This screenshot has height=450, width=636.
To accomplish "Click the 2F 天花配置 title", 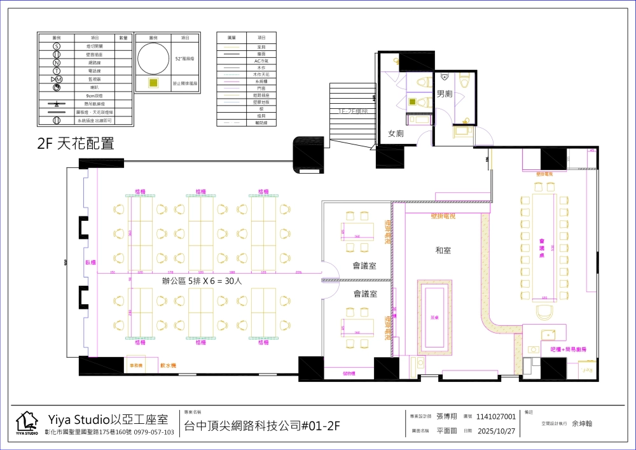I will click(76, 144).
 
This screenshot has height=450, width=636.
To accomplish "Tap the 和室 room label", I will click(443, 251).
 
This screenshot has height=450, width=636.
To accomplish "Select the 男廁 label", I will click(445, 94).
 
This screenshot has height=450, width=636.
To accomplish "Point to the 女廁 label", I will click(396, 134).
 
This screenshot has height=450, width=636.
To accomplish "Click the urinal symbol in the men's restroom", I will click(445, 76).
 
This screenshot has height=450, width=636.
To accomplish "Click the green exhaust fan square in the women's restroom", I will click(412, 102).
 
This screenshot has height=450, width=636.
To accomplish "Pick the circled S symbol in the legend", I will click(56, 46).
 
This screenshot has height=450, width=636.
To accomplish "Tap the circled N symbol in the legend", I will click(56, 62).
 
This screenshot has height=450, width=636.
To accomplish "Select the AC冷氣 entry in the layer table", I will click(261, 61).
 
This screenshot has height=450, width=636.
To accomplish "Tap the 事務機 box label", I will click(135, 366).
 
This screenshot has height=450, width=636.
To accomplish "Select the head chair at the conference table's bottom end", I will click(544, 312).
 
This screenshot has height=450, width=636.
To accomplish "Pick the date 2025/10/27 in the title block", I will click(495, 430).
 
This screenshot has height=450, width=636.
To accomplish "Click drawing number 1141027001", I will click(496, 416).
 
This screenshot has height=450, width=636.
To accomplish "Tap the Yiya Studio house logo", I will click(27, 423).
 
